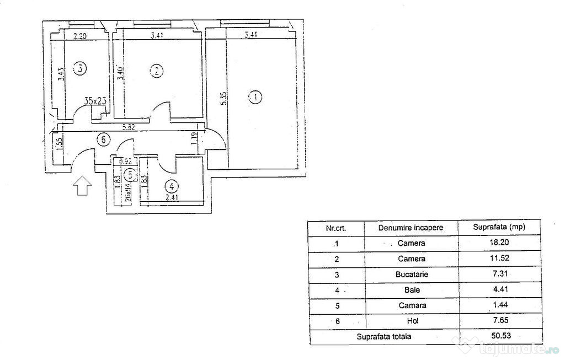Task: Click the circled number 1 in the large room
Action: point(255,99)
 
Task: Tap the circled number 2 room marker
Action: point(157,71)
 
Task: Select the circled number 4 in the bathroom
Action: point(172,186)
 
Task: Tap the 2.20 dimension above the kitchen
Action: point(81,37)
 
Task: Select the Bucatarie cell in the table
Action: point(412,274)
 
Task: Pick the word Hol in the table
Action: point(412,320)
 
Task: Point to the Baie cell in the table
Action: point(412,289)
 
